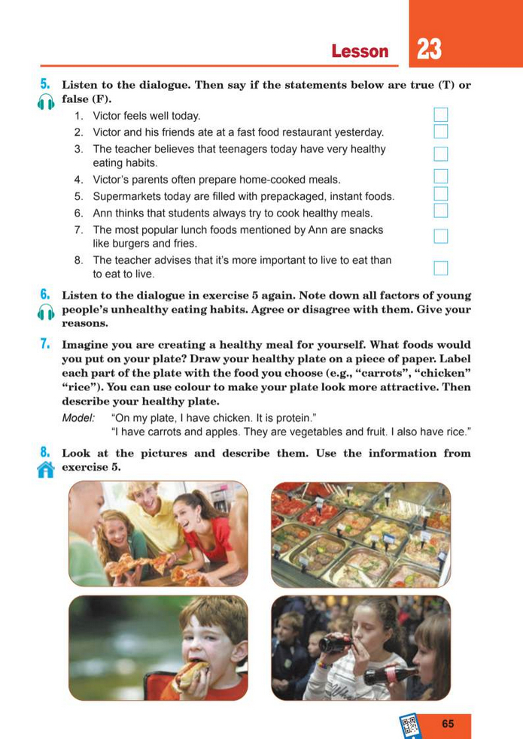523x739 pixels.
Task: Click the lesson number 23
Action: click(429, 50)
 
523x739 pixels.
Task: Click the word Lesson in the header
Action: click(360, 51)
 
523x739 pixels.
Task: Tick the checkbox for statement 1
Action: click(441, 115)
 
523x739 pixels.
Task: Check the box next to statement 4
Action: click(441, 177)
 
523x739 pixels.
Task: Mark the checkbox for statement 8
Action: click(441, 268)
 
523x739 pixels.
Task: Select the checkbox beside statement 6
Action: click(441, 210)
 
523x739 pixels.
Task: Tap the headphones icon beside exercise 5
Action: click(45, 101)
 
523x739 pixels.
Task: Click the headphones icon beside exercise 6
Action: click(45, 312)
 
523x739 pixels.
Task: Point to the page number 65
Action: click(449, 724)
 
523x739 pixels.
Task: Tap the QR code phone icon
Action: click(409, 725)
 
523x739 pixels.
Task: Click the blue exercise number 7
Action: click(45, 345)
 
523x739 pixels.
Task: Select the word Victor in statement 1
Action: click(108, 116)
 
